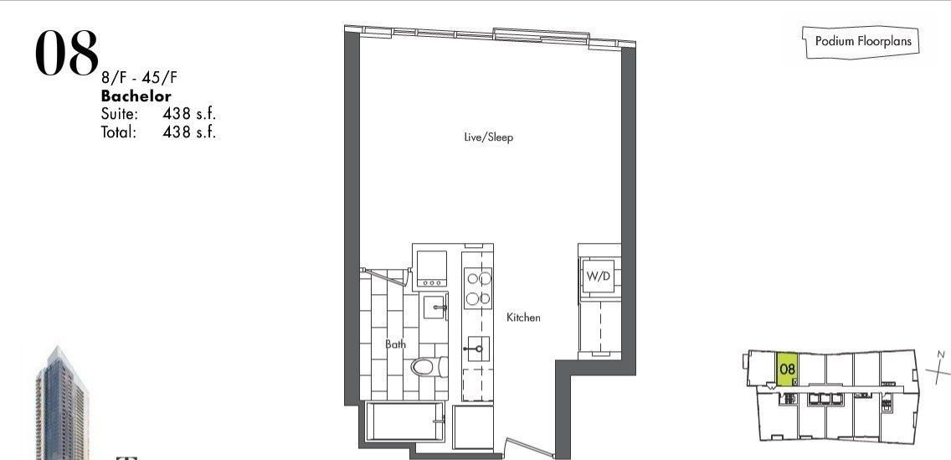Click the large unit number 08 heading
67,54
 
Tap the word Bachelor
136,96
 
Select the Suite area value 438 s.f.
189,113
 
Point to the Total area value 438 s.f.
189,132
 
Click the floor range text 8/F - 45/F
140,78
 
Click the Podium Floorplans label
863,41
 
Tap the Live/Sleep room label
488,137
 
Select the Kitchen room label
523,318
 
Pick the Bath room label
396,344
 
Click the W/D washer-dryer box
599,277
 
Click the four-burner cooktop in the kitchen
477,287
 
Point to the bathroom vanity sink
435,308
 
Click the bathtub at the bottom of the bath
407,421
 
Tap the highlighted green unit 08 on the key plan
787,369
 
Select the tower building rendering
62,403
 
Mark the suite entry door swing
529,446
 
